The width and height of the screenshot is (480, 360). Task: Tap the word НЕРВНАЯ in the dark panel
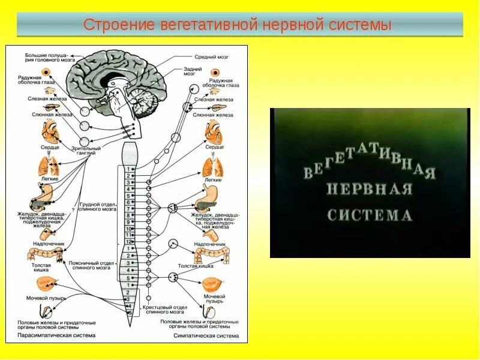click(x=369, y=190)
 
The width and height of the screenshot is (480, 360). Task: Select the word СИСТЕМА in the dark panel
click(x=369, y=215)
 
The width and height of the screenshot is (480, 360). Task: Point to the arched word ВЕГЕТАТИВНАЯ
click(x=369, y=163)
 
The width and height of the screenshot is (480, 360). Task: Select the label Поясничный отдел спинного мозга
click(x=98, y=266)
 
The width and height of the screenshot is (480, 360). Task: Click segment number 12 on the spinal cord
click(x=128, y=242)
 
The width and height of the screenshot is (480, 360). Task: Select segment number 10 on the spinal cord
click(x=128, y=229)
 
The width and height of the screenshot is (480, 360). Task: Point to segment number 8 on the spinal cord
click(x=128, y=215)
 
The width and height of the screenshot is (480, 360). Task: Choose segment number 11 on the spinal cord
click(x=128, y=235)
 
